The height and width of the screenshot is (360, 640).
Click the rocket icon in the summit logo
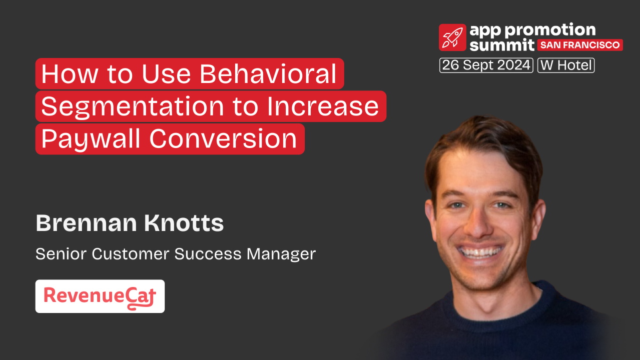(452, 37)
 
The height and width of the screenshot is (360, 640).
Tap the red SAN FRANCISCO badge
(580, 45)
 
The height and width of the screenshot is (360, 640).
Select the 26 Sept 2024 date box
(486, 65)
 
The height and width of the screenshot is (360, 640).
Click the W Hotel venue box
(566, 65)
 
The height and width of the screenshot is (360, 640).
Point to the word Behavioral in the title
(268, 74)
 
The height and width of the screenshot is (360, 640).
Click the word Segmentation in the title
(132, 106)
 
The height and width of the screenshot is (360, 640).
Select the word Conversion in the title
(223, 139)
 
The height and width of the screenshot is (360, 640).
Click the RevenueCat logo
(100, 296)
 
